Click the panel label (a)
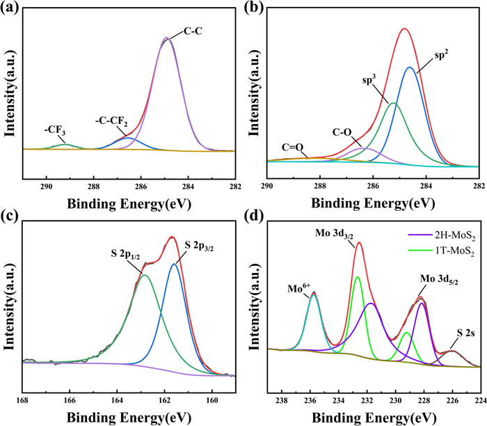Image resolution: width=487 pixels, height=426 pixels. (x=11, y=11)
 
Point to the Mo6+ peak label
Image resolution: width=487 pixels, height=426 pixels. (x=300, y=286)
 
